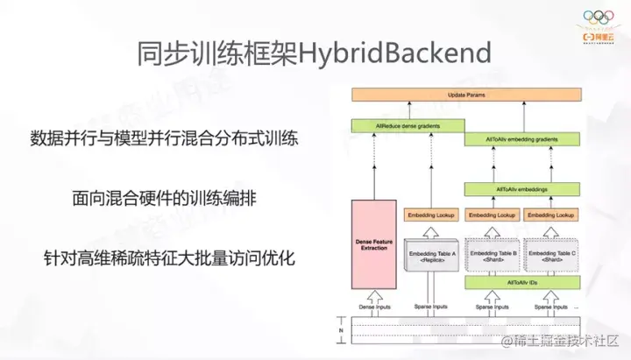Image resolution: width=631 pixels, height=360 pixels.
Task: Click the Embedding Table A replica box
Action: click(432, 256)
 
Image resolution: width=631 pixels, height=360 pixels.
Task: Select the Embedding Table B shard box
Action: click(491, 256)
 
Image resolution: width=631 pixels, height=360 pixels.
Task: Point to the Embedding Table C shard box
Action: click(550, 256)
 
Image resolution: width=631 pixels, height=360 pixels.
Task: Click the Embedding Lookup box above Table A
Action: click(432, 214)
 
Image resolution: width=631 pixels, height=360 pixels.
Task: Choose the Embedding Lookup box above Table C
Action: click(550, 214)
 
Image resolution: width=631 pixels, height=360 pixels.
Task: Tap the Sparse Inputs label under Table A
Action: click(432, 307)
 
